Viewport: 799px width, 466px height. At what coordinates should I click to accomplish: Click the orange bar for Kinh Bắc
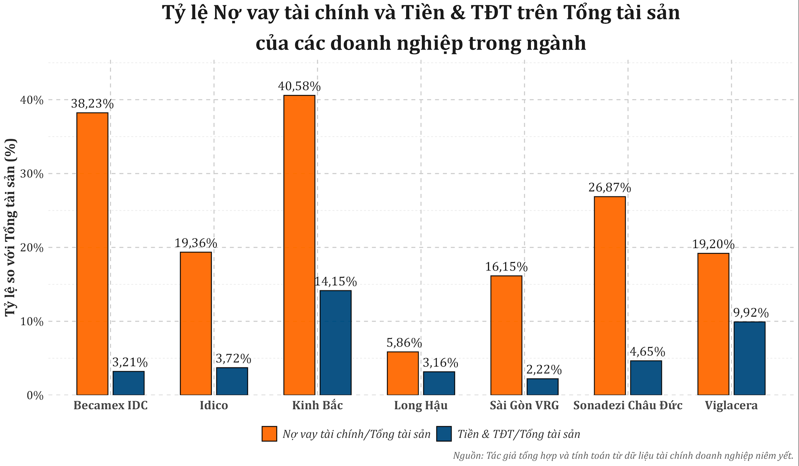(299, 245)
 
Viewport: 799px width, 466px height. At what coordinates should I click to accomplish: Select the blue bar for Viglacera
(749, 358)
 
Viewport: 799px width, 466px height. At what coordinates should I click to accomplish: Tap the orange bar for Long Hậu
(403, 373)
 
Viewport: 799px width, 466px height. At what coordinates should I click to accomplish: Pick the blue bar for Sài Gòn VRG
(543, 387)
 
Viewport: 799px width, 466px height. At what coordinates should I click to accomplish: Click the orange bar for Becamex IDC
(92, 254)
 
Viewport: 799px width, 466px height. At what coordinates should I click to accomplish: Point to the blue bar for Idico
(232, 381)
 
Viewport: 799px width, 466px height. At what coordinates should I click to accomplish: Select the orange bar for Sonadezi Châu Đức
(610, 295)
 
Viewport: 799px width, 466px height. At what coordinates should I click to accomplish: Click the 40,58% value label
(299, 87)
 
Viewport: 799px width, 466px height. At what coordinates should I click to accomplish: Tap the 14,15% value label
(335, 282)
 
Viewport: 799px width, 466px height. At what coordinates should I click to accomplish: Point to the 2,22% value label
(544, 369)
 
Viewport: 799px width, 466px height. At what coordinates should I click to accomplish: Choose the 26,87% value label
(610, 188)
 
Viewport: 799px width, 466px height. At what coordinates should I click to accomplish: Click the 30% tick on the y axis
(32, 174)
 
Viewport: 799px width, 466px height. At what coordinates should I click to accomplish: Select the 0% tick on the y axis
(35, 395)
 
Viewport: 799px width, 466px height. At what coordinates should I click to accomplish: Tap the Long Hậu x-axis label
(421, 405)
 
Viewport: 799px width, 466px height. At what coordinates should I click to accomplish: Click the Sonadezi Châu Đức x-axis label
(628, 405)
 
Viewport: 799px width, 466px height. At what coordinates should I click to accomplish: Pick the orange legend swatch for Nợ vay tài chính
(269, 434)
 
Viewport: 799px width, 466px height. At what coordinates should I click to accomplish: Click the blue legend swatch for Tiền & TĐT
(444, 434)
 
